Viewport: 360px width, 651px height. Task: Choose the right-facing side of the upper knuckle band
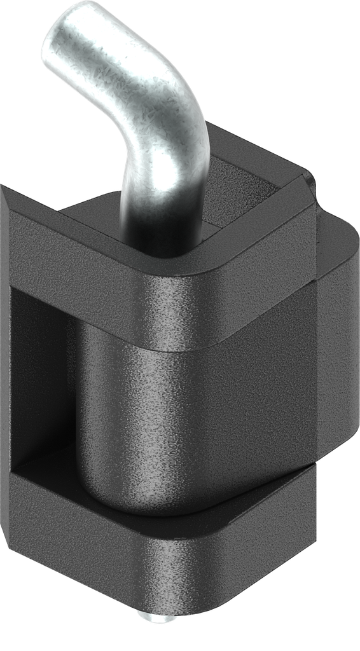coord(267,280)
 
